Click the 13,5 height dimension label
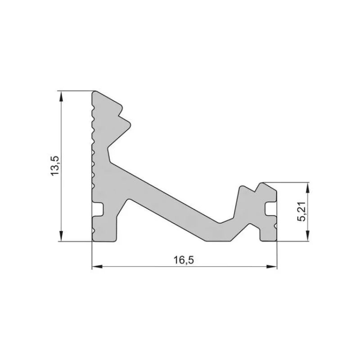pyautogui.click(x=55, y=166)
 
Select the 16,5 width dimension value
pyautogui.click(x=184, y=260)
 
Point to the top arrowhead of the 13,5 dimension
pyautogui.click(x=61, y=95)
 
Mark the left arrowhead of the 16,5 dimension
pyautogui.click(x=96, y=267)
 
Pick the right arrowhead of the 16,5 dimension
pyautogui.click(x=272, y=267)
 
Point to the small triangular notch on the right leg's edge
pyautogui.click(x=275, y=225)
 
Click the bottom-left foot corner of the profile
pyautogui.click(x=93, y=241)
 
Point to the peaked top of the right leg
pyautogui.click(x=261, y=183)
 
